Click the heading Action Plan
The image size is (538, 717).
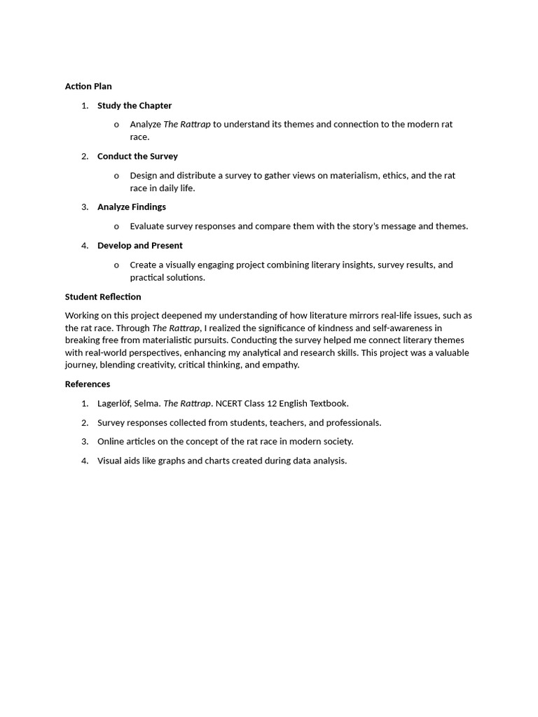pos(88,86)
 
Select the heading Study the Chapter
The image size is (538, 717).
pos(134,106)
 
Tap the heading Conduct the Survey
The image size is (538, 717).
pos(137,156)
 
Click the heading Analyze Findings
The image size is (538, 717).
pos(132,207)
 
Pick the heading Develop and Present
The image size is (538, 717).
pos(140,246)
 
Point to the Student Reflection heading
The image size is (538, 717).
pos(103,297)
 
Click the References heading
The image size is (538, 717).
pos(88,384)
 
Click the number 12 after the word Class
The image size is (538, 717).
pos(272,403)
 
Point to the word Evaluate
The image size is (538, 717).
pos(148,226)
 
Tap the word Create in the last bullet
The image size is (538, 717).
pos(144,265)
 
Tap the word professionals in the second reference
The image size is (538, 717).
pos(355,423)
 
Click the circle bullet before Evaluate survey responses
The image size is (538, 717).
pos(116,227)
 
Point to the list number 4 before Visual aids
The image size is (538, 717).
pos(85,461)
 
